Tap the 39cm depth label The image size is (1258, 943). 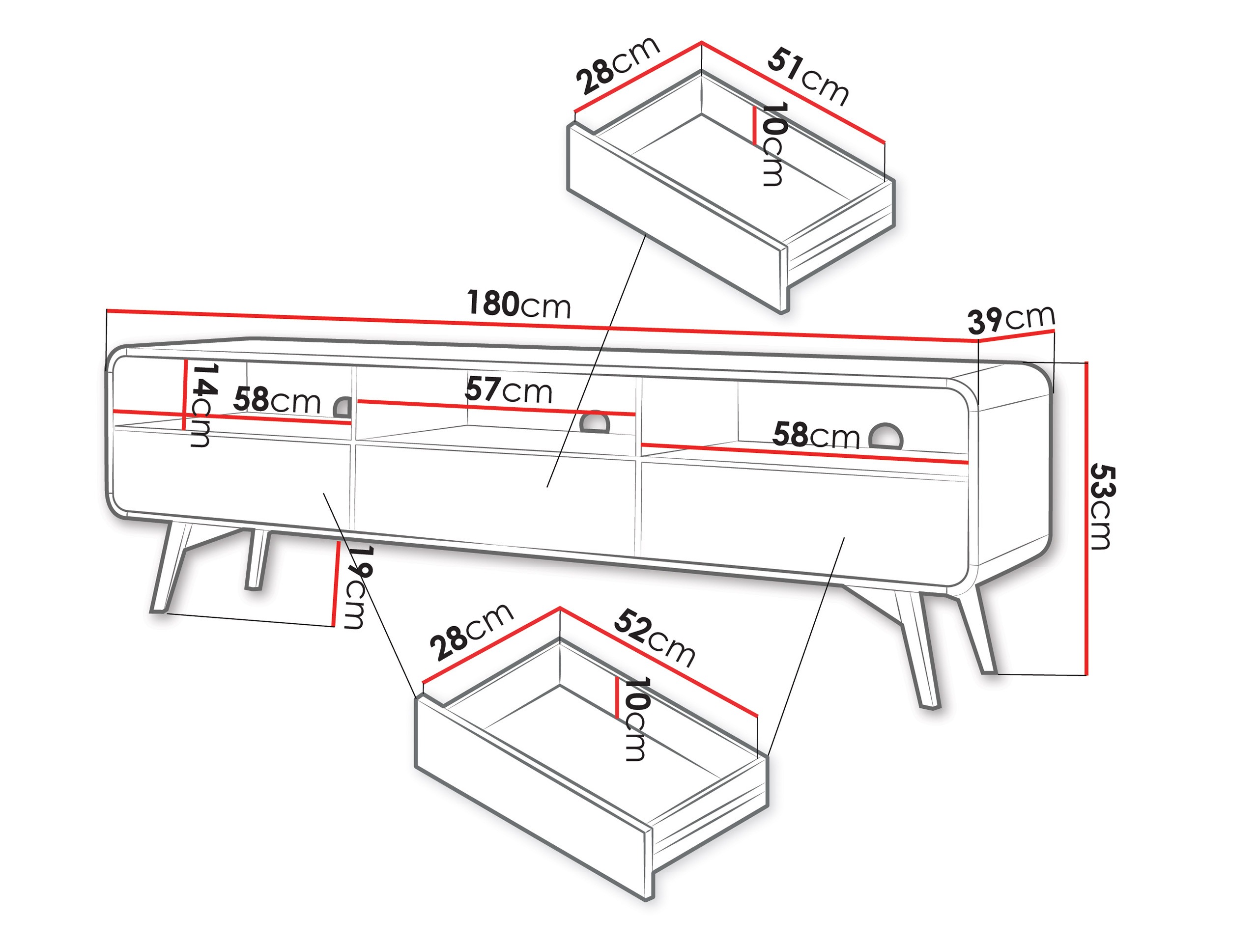click(x=1011, y=319)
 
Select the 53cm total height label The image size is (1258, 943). click(x=1102, y=506)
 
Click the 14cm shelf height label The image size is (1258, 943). click(x=203, y=405)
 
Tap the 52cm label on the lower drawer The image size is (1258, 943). click(x=654, y=637)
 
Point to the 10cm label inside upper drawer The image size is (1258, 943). click(x=773, y=144)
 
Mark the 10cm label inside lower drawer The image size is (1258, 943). click(x=635, y=719)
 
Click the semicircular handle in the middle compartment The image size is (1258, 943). click(x=595, y=422)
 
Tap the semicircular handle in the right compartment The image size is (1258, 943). click(x=886, y=436)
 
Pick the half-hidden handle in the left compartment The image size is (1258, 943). click(x=343, y=408)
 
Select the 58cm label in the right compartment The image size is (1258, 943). click(x=816, y=436)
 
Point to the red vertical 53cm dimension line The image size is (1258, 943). click(x=1086, y=518)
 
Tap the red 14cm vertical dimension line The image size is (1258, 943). click(x=185, y=394)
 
